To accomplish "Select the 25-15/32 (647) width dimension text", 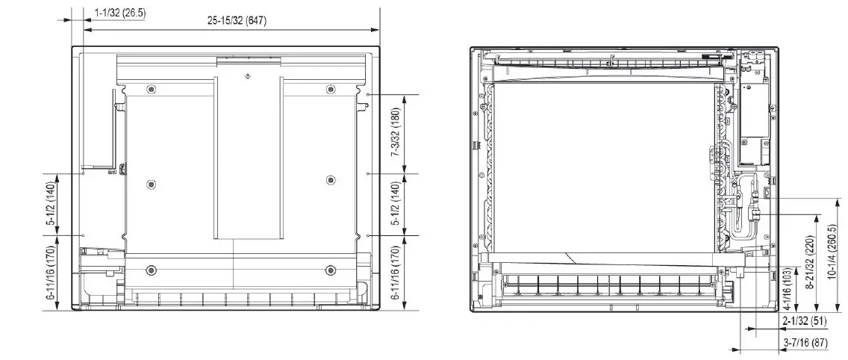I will click(237, 21).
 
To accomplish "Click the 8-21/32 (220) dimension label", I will click(809, 264).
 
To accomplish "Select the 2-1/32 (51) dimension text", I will click(804, 321).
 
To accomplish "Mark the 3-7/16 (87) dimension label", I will click(804, 343).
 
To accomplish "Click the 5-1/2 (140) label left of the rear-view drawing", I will click(51, 203).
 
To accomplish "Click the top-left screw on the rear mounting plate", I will click(152, 90).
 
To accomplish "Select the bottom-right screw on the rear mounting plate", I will click(331, 269).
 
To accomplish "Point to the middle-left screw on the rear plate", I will click(152, 184).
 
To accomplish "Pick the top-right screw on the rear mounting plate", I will click(331, 90).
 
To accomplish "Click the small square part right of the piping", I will click(768, 194).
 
